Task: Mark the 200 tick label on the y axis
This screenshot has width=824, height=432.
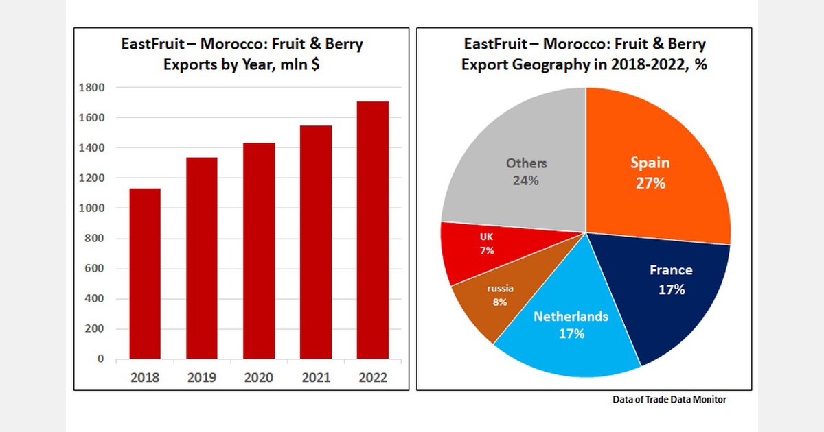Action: pyautogui.click(x=95, y=329)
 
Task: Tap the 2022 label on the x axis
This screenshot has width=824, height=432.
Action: pyautogui.click(x=372, y=378)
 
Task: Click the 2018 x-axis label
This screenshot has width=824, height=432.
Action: pyautogui.click(x=146, y=378)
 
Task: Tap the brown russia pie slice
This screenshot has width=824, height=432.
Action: pyautogui.click(x=491, y=302)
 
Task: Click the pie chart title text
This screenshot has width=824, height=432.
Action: pyautogui.click(x=584, y=55)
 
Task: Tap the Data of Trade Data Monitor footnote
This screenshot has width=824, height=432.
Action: pyautogui.click(x=669, y=400)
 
